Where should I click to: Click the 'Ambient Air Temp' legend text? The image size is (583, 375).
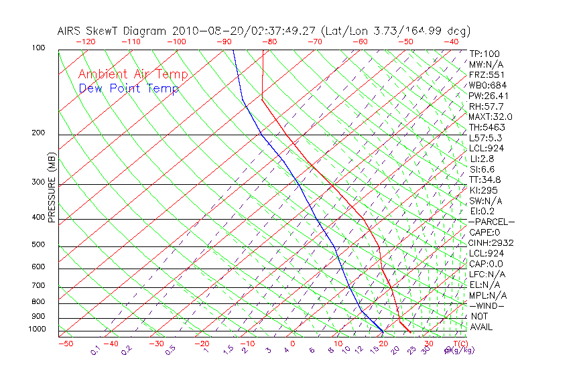133,74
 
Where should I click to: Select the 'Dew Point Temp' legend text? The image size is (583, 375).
128,88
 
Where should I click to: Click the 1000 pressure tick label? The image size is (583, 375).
38,329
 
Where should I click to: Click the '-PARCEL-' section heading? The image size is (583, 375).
491,222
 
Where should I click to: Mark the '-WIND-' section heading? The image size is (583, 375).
487,305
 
